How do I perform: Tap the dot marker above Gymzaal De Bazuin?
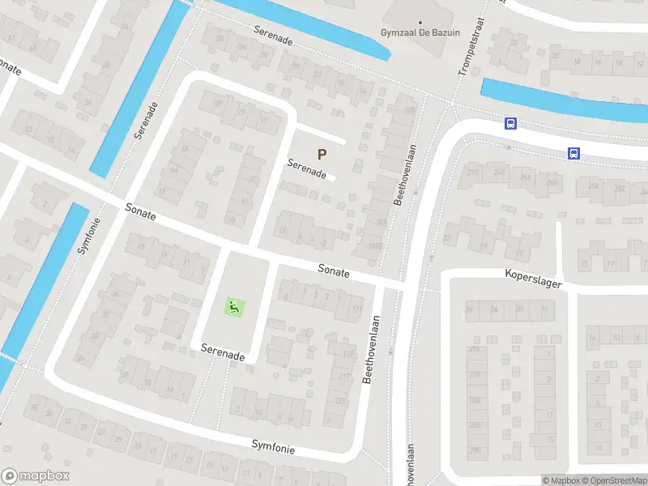pos(419,22)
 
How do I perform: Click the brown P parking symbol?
pos(322,154)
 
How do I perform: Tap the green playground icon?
pos(233,307)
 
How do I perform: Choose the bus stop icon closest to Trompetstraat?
pos(511,124)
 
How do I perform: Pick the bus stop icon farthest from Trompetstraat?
pos(573,153)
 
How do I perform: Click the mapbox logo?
pos(36,476)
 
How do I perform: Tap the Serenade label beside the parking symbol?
pos(307,169)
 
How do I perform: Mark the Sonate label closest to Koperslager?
pos(333,271)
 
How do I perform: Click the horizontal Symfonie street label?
pos(273,446)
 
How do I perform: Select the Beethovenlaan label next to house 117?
pos(372,348)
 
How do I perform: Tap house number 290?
pos(474,450)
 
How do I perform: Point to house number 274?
pos(473,349)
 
